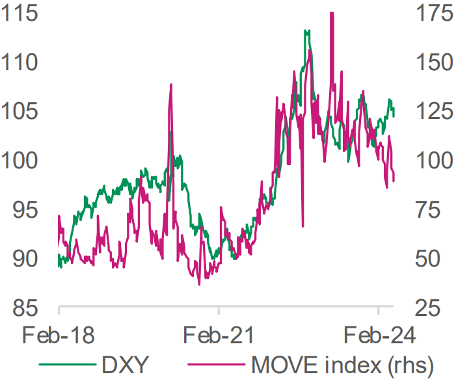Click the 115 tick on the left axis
point(20,14)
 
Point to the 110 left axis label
point(20,62)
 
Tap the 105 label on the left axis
point(20,112)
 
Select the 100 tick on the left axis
point(20,161)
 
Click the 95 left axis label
point(25,210)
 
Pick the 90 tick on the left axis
point(25,259)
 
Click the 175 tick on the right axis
point(435,14)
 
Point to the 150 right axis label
point(435,62)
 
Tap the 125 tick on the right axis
point(435,112)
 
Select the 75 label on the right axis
point(429,210)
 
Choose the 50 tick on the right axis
point(429,259)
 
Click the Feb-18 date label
point(59,335)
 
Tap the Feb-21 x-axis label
point(219,335)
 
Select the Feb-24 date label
point(379,335)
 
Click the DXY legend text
point(126,365)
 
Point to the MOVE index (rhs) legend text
point(343,365)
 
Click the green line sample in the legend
point(68,364)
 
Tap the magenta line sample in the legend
point(217,364)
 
